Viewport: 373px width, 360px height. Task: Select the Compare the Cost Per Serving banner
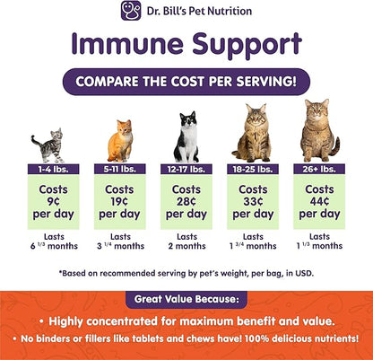click(186, 83)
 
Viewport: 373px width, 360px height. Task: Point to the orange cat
click(119, 141)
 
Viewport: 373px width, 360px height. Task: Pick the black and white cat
click(186, 136)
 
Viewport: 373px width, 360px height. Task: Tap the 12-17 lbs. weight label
click(186, 168)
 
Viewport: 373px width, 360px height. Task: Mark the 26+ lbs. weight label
click(320, 168)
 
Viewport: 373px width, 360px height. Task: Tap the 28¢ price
click(186, 202)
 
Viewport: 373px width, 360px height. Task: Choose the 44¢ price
click(320, 202)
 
